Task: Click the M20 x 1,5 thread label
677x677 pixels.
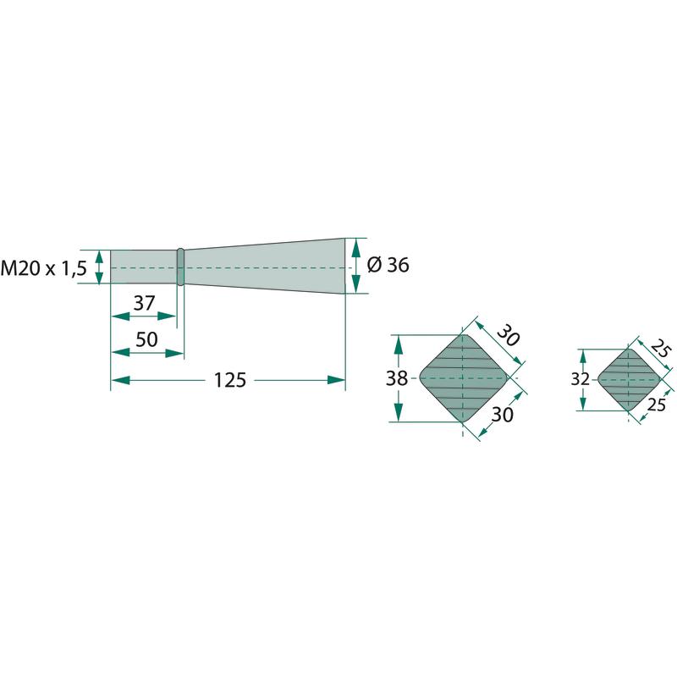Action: click(44, 268)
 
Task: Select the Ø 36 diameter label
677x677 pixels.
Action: click(388, 265)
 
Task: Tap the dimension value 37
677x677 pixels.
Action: click(144, 303)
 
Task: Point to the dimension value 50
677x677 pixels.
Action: click(146, 340)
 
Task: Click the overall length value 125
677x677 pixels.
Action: click(230, 380)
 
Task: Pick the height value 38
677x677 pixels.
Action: click(396, 378)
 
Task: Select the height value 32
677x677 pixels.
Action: click(580, 379)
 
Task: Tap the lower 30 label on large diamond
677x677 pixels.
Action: click(503, 415)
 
